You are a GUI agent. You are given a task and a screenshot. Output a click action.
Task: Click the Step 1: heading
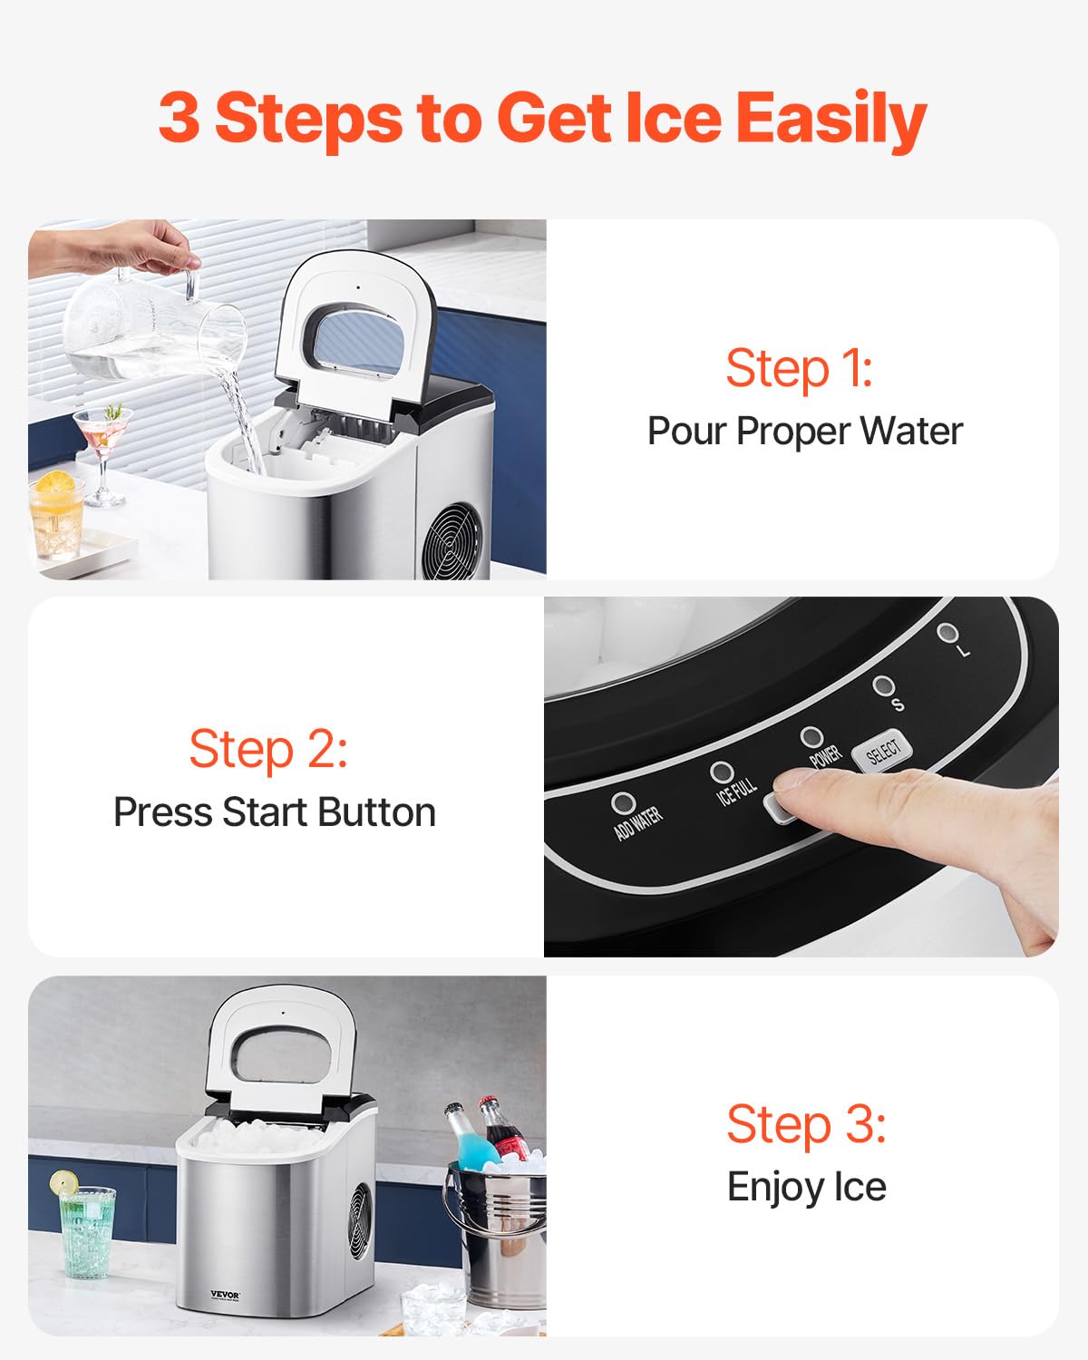[x=799, y=369]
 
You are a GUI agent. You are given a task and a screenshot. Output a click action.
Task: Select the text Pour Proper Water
[x=804, y=432]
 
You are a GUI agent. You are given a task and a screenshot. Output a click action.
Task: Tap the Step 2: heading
[x=267, y=750]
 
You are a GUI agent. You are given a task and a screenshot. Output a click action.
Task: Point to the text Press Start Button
[x=274, y=812]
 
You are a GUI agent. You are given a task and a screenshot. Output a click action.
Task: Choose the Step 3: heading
[x=806, y=1124]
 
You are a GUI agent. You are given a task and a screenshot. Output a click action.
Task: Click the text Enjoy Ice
[x=806, y=1187]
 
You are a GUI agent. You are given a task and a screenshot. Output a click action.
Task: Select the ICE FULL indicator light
[x=722, y=772]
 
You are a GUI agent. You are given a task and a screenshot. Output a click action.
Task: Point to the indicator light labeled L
[x=947, y=633]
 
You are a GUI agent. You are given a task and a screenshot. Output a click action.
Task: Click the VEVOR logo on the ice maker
[x=225, y=1295]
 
